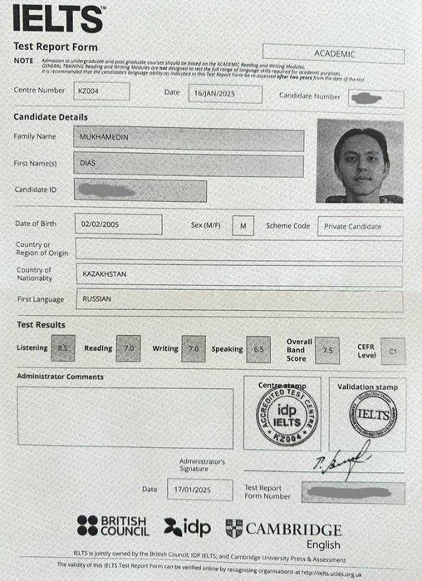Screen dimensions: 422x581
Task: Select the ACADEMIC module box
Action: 333,55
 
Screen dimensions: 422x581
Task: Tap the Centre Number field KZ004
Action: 101,90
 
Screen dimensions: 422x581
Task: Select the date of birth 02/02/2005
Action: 118,224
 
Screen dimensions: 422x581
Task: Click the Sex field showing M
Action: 243,225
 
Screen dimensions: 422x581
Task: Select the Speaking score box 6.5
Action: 258,350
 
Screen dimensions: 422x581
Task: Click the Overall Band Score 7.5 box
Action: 327,351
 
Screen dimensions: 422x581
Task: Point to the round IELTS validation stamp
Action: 368,413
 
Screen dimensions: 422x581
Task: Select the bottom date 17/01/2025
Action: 199,490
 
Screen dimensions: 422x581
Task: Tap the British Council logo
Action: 111,526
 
